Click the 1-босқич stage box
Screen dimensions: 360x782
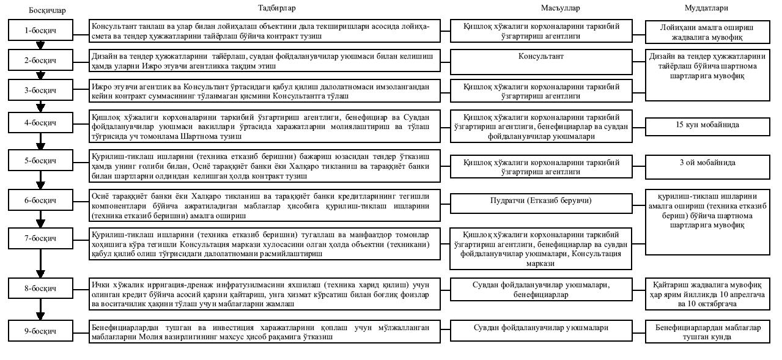coord(40,29)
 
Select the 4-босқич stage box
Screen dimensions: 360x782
coord(40,122)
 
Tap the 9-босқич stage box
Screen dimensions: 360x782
coord(40,331)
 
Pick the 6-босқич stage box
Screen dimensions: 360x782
coord(40,200)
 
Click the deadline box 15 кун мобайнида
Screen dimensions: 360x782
coord(707,125)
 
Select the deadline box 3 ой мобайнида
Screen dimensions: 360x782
coord(707,163)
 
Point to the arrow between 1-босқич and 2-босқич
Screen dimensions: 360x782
coord(40,45)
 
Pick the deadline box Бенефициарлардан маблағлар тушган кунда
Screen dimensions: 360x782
coord(708,332)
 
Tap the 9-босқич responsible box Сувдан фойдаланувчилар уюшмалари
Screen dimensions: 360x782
coord(540,328)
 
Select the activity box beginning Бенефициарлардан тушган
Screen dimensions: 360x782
coord(265,332)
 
